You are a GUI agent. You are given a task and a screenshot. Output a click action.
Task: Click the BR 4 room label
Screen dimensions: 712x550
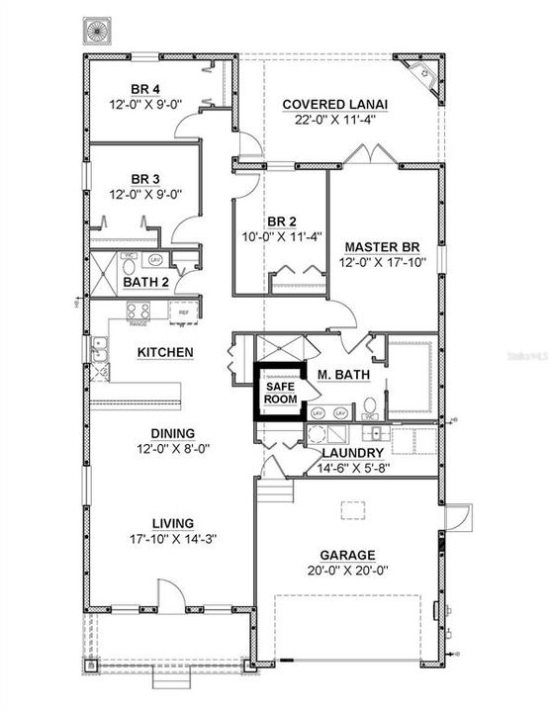[144, 85]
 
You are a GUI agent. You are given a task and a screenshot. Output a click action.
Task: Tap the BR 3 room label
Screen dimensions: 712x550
[144, 178]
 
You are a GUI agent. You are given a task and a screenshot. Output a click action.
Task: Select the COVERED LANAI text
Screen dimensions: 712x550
[334, 104]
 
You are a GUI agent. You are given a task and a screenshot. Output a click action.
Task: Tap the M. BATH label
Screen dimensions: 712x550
[337, 374]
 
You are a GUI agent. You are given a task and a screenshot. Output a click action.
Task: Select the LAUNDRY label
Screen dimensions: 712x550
[352, 453]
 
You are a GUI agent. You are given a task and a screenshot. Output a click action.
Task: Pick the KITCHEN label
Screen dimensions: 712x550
[164, 351]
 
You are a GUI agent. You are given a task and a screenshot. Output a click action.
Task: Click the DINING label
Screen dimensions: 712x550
[172, 433]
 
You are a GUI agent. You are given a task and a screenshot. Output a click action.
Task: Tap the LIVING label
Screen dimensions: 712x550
[172, 523]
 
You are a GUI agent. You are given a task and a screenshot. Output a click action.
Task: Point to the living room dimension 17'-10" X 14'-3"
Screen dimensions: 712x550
[172, 539]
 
